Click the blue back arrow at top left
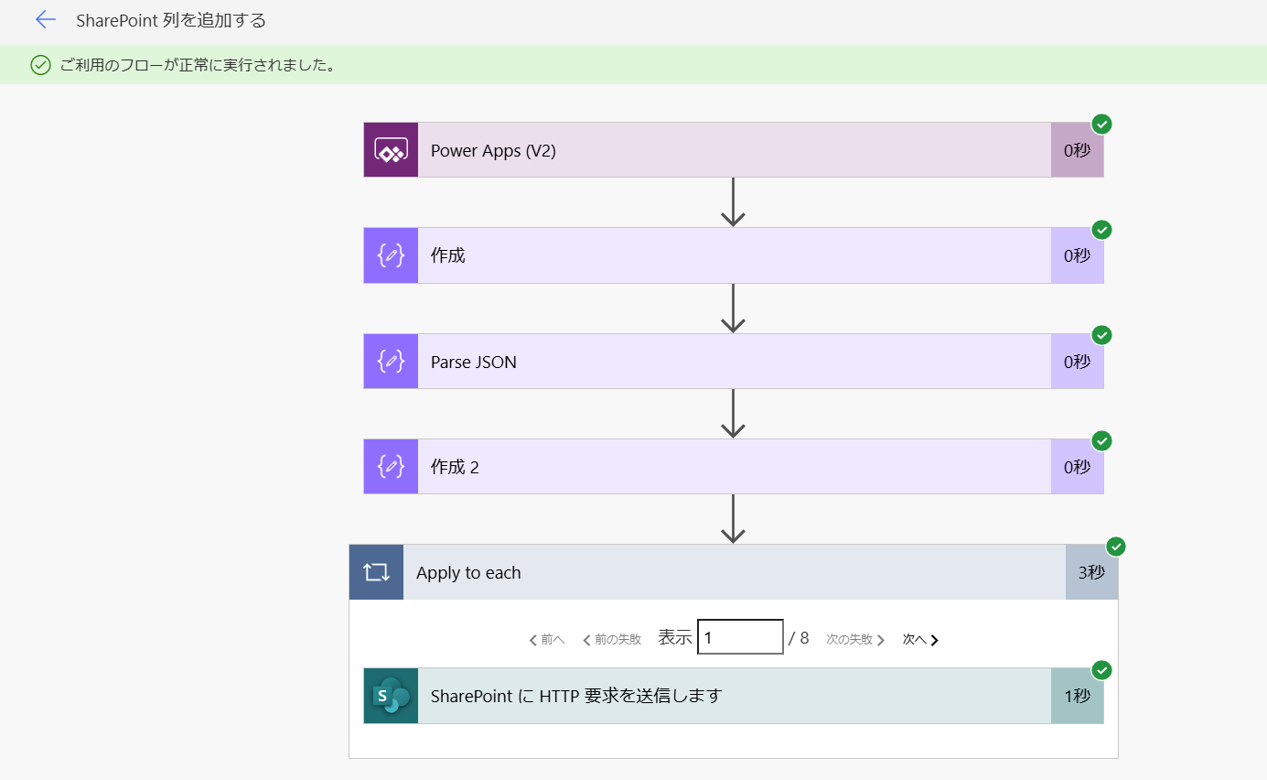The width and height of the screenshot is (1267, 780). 45,20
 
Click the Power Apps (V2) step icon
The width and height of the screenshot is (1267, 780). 391,150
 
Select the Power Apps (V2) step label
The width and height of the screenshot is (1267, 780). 493,150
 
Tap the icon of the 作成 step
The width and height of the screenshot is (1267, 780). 391,255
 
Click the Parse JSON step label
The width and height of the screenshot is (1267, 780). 474,362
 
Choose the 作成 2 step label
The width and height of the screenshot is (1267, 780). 455,467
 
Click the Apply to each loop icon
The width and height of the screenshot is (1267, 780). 376,572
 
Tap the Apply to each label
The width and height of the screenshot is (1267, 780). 468,573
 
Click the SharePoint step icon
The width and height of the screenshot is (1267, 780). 391,696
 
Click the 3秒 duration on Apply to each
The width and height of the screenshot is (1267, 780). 1091,572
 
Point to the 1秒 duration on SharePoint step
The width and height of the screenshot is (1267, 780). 1077,696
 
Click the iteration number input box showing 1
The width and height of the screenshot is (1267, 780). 740,637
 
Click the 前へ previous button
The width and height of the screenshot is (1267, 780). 546,640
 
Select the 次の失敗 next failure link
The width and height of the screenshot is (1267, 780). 855,640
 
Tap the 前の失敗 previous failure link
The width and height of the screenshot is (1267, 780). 611,640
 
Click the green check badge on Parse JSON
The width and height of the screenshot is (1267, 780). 1101,335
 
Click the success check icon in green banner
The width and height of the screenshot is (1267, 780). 41,65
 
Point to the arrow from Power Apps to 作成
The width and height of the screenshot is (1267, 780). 733,202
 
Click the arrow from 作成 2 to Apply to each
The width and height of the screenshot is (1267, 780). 733,519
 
